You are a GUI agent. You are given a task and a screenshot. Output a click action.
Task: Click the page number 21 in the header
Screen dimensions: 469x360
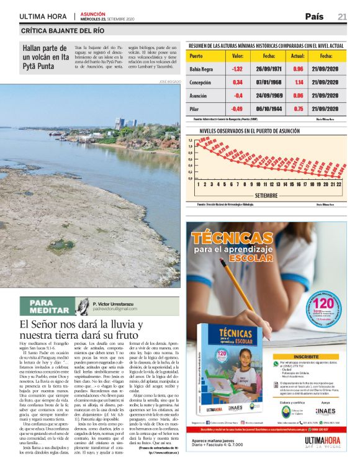pos(342,17)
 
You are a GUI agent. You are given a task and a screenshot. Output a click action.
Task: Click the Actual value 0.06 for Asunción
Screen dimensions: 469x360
pos(298,95)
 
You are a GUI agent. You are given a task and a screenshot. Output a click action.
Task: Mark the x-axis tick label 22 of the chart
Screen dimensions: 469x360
pos(340,184)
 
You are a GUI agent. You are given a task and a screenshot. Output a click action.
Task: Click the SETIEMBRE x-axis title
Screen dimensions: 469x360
pos(267,194)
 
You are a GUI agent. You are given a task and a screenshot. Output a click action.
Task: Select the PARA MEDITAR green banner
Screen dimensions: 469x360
pos(47,306)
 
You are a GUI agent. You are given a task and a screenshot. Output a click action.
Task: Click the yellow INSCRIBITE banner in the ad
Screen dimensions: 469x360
pos(305,357)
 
